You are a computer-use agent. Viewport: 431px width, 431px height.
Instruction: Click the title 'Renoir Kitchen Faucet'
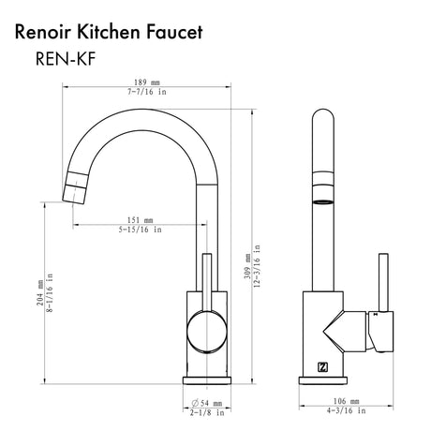click(108, 32)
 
